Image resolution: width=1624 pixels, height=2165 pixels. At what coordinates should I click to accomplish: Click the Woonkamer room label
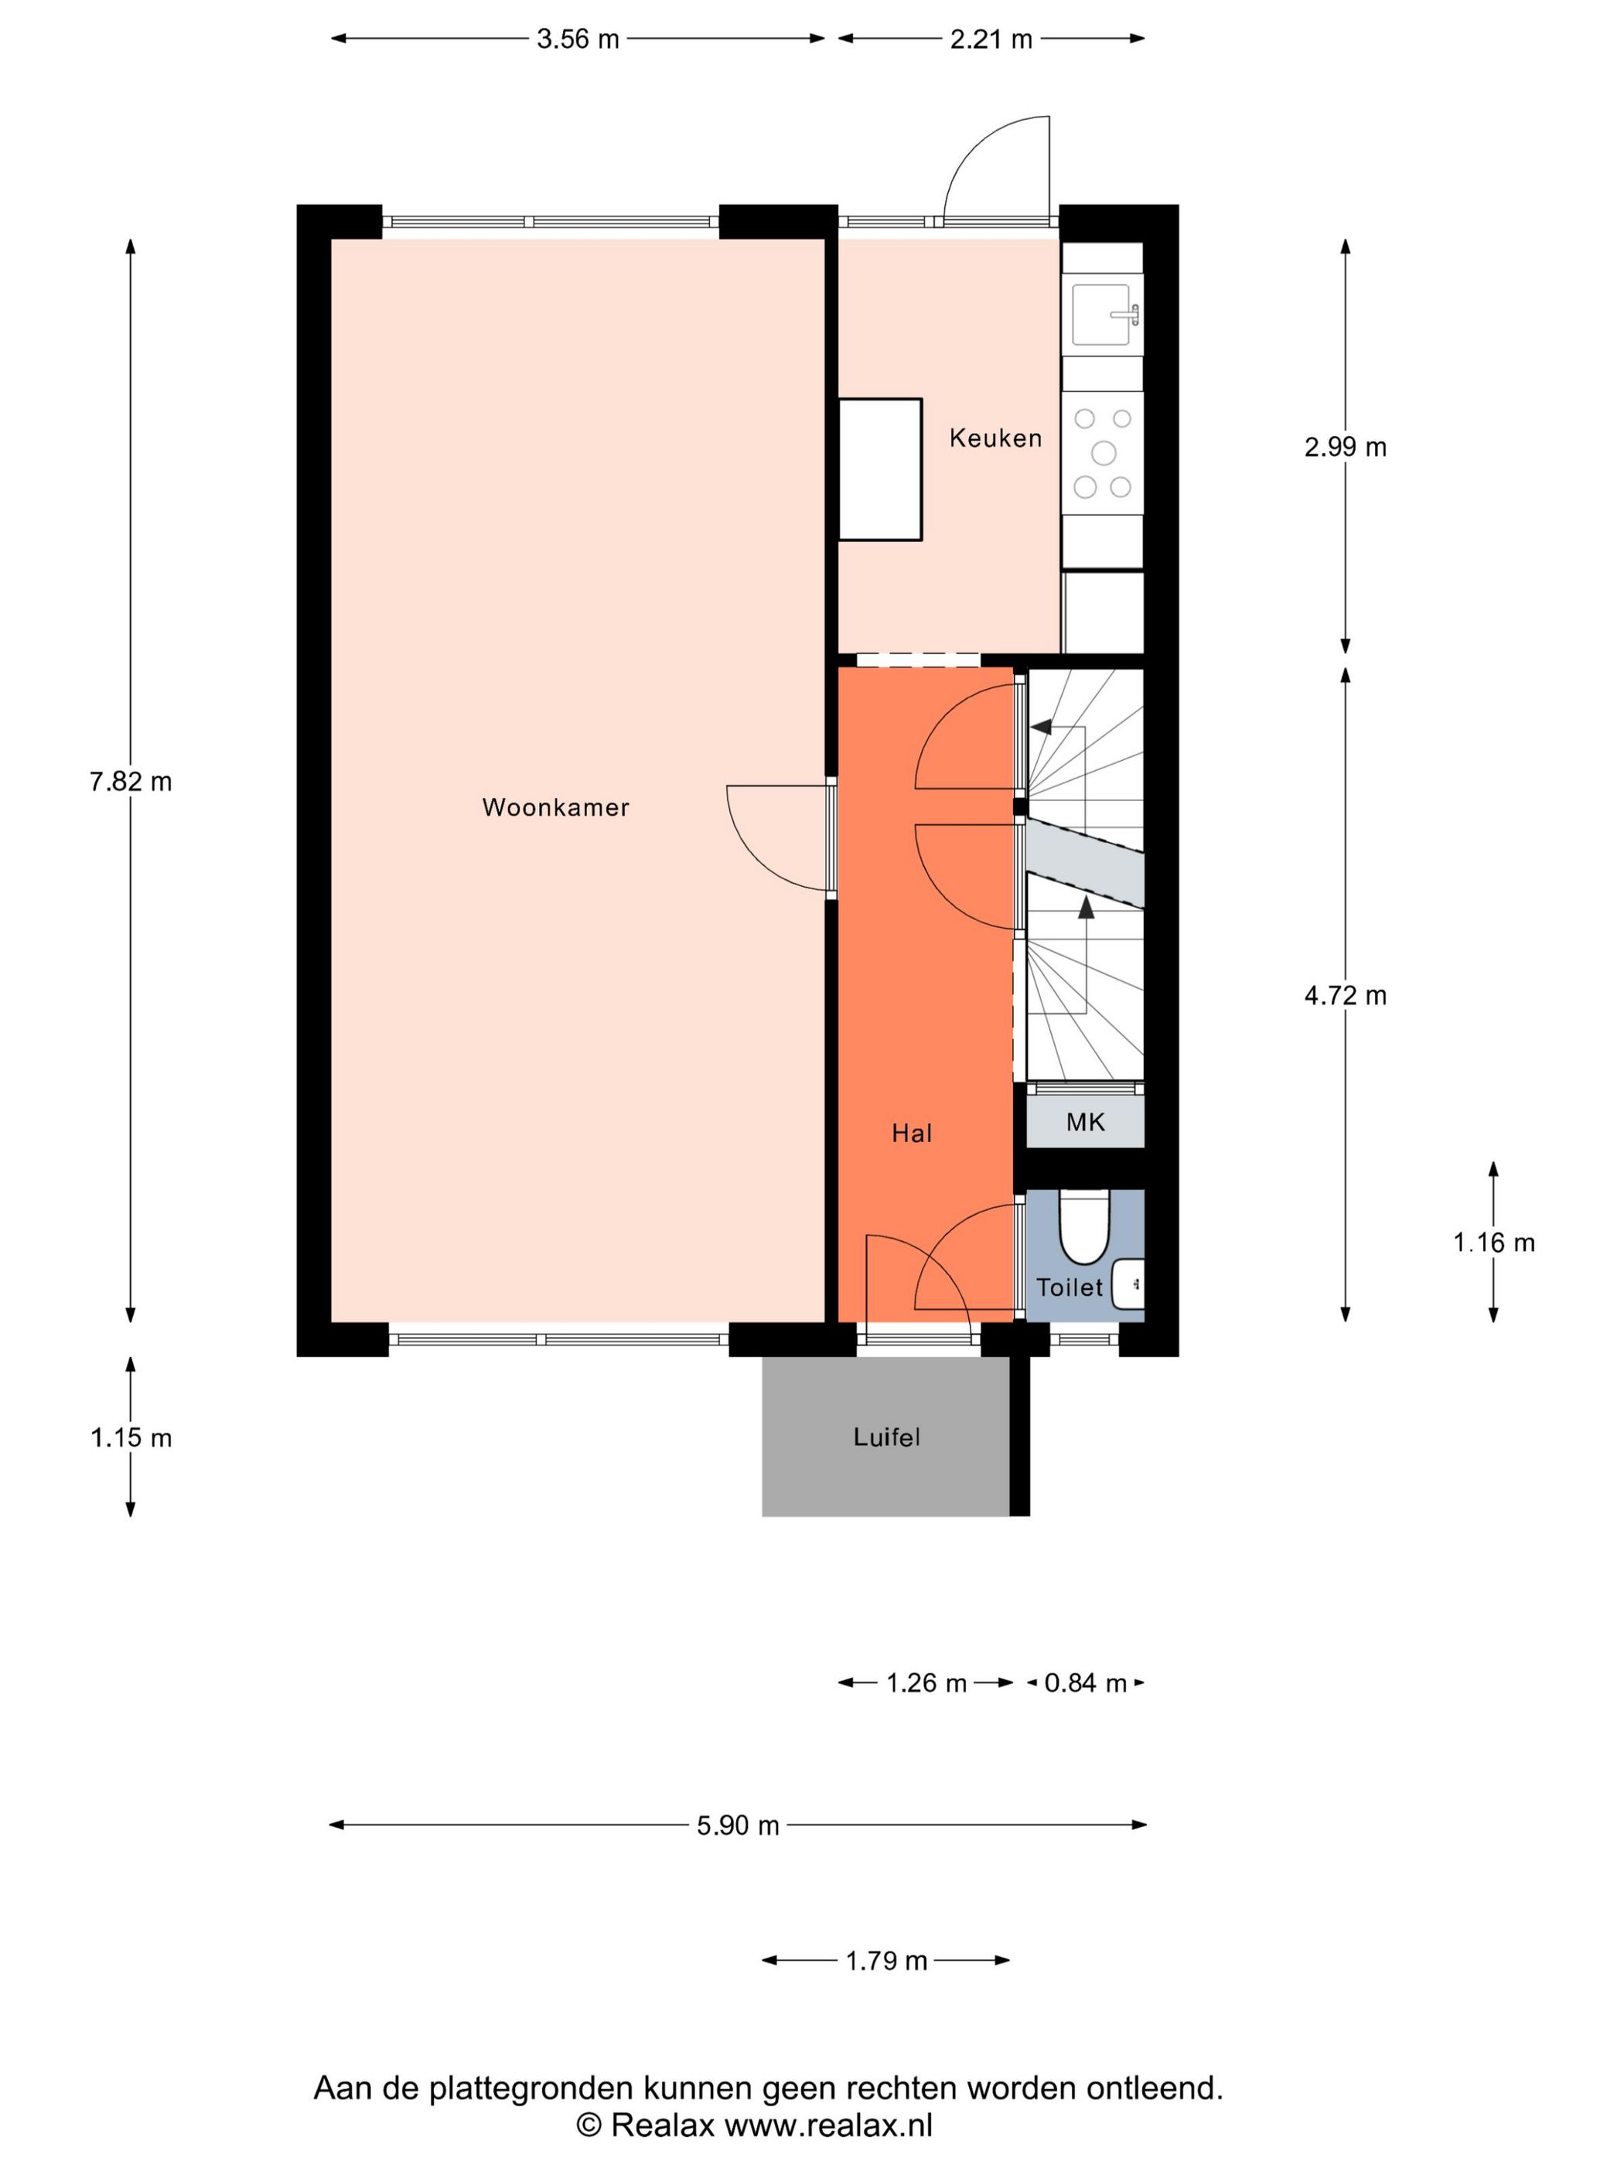tap(555, 807)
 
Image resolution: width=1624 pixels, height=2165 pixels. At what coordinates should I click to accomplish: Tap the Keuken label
tap(995, 438)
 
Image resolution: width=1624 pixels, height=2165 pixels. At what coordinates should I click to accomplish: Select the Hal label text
tap(910, 1134)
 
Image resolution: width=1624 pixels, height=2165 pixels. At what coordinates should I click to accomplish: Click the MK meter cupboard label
tap(1085, 1123)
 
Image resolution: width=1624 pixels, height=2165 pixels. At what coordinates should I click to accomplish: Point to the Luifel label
tap(886, 1437)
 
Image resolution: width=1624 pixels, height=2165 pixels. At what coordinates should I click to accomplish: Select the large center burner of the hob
tap(1104, 452)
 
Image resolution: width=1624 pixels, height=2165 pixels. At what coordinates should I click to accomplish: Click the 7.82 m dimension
tap(130, 782)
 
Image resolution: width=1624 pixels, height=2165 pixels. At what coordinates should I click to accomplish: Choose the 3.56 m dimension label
tap(578, 39)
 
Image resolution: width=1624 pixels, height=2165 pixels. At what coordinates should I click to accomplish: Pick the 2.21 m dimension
tap(991, 39)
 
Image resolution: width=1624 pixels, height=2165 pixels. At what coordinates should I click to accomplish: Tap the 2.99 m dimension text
tap(1345, 447)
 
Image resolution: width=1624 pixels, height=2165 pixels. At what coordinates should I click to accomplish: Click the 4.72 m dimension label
tap(1345, 995)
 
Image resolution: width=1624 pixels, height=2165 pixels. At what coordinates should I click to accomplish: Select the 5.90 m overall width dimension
tap(737, 1826)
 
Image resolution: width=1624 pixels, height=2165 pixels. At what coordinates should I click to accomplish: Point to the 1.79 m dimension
tap(886, 1960)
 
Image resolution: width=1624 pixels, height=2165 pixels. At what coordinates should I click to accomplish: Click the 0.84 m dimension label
tap(1085, 1683)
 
